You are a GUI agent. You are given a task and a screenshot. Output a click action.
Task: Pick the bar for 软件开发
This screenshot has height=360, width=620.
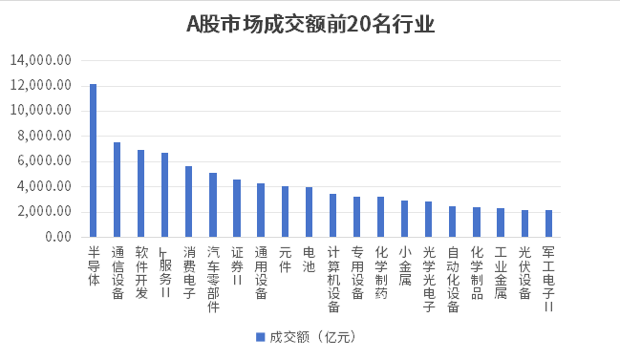click(141, 193)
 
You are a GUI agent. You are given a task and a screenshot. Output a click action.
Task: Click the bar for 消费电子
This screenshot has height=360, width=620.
click(189, 201)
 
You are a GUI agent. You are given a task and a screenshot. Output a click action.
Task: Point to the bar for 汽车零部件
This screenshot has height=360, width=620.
click(213, 204)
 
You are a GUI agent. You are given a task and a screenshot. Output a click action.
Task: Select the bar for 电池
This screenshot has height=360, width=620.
click(309, 212)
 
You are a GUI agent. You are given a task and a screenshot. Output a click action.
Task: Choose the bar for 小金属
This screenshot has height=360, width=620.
click(404, 219)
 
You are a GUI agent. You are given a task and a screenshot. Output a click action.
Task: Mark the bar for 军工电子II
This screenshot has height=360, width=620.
click(548, 223)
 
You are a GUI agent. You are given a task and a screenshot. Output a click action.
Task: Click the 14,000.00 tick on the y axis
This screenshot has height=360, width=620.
click(42, 60)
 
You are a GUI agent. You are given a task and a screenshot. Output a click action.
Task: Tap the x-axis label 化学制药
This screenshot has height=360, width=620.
click(380, 272)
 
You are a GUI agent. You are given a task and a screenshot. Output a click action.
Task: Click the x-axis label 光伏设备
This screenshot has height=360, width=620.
click(524, 272)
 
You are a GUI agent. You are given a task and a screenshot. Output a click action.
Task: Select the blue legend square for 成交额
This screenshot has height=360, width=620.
click(259, 336)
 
